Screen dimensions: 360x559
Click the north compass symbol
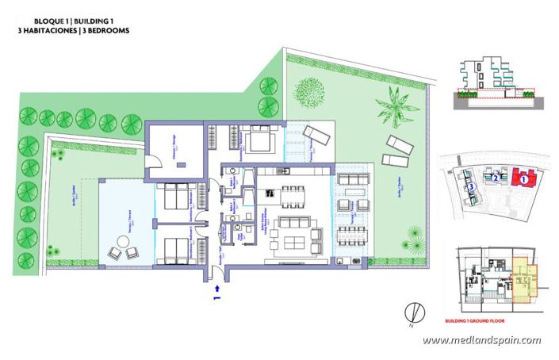click(x=410, y=312)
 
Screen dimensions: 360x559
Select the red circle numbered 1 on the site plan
click(x=523, y=179)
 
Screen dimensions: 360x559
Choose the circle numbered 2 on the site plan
click(x=496, y=178)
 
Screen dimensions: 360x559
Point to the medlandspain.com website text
click(x=481, y=341)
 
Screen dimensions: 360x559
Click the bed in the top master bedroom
click(x=258, y=141)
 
